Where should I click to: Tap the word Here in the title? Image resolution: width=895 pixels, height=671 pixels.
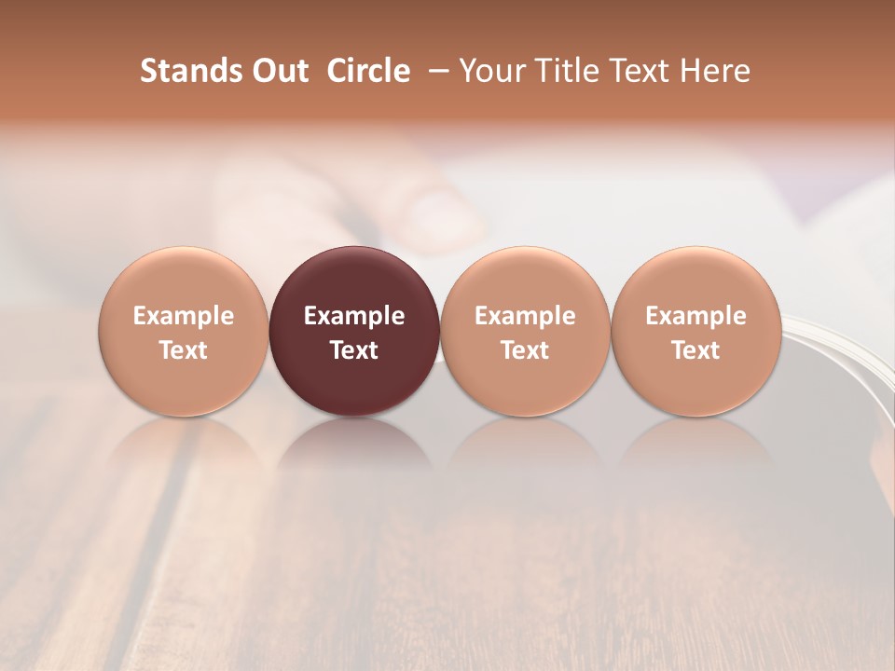[x=715, y=71]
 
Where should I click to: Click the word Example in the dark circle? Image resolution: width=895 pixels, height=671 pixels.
[x=354, y=316]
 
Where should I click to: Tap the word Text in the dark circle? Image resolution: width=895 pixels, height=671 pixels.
[x=354, y=350]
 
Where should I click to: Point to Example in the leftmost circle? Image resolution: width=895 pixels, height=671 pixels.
[x=184, y=316]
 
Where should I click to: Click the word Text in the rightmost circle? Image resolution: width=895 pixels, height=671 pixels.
[x=695, y=350]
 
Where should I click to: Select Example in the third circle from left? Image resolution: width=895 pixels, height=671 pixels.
[x=525, y=316]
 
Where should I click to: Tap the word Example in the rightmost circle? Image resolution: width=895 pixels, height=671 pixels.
[x=695, y=316]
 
